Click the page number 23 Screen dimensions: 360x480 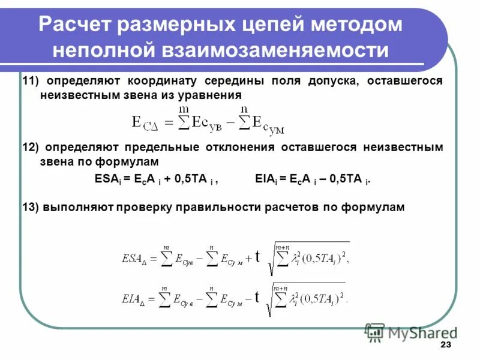445,345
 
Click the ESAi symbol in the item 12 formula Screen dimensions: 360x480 107,178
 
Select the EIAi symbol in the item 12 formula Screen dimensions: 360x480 265,178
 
